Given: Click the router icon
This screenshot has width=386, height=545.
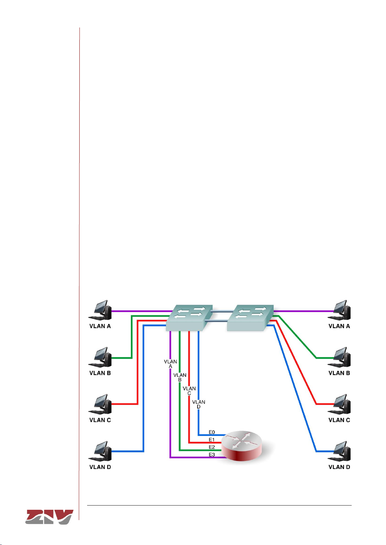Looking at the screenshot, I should point(243,445).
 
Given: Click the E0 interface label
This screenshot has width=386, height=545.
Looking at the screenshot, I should point(212,432).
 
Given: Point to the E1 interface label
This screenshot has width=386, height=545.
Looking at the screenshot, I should point(212,440).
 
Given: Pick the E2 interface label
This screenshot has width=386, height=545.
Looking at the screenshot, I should point(212,447).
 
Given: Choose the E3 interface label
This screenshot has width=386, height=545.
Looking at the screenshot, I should point(212,454).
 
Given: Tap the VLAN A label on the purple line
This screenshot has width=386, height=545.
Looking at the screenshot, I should point(170,364).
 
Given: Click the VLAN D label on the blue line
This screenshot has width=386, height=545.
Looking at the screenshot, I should point(199,404).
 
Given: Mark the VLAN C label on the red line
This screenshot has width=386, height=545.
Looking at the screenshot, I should point(189,391).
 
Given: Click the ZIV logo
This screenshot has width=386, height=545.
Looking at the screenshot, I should point(50,517).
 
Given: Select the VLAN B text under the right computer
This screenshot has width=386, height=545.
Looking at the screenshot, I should point(339,373).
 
